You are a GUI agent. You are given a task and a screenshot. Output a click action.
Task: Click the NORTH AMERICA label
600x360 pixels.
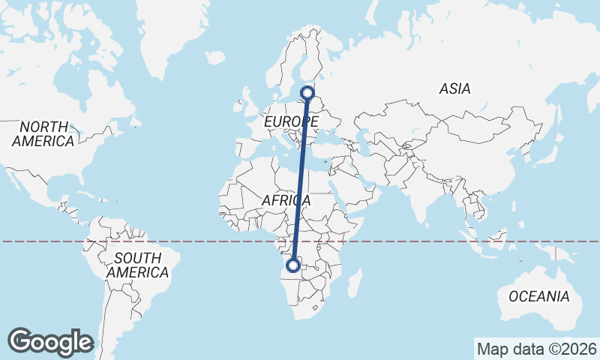pos(43,133)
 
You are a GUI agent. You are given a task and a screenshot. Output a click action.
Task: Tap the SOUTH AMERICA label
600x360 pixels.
pos(137,265)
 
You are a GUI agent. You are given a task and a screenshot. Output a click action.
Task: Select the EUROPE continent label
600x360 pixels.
pos(292,121)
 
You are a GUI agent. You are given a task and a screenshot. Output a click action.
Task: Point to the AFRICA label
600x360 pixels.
pos(286,200)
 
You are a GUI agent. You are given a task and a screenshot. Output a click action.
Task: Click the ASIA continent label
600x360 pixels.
pos(454,88)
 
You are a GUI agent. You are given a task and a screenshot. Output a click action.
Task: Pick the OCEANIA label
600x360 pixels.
pos(538,296)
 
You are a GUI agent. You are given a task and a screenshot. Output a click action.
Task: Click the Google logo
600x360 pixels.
pos(50,342)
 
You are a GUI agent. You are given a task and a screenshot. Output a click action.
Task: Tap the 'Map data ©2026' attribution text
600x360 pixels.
pos(536,349)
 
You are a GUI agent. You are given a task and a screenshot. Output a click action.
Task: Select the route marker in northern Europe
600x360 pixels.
pos(307,93)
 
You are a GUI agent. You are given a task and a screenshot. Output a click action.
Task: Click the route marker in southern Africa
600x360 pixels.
pos(294,265)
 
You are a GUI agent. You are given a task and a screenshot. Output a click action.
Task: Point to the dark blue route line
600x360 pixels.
pos(301,180)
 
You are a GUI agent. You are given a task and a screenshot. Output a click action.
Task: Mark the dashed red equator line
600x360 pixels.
pos(187,241)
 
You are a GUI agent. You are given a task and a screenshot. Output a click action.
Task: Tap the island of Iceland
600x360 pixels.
pos(214,56)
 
